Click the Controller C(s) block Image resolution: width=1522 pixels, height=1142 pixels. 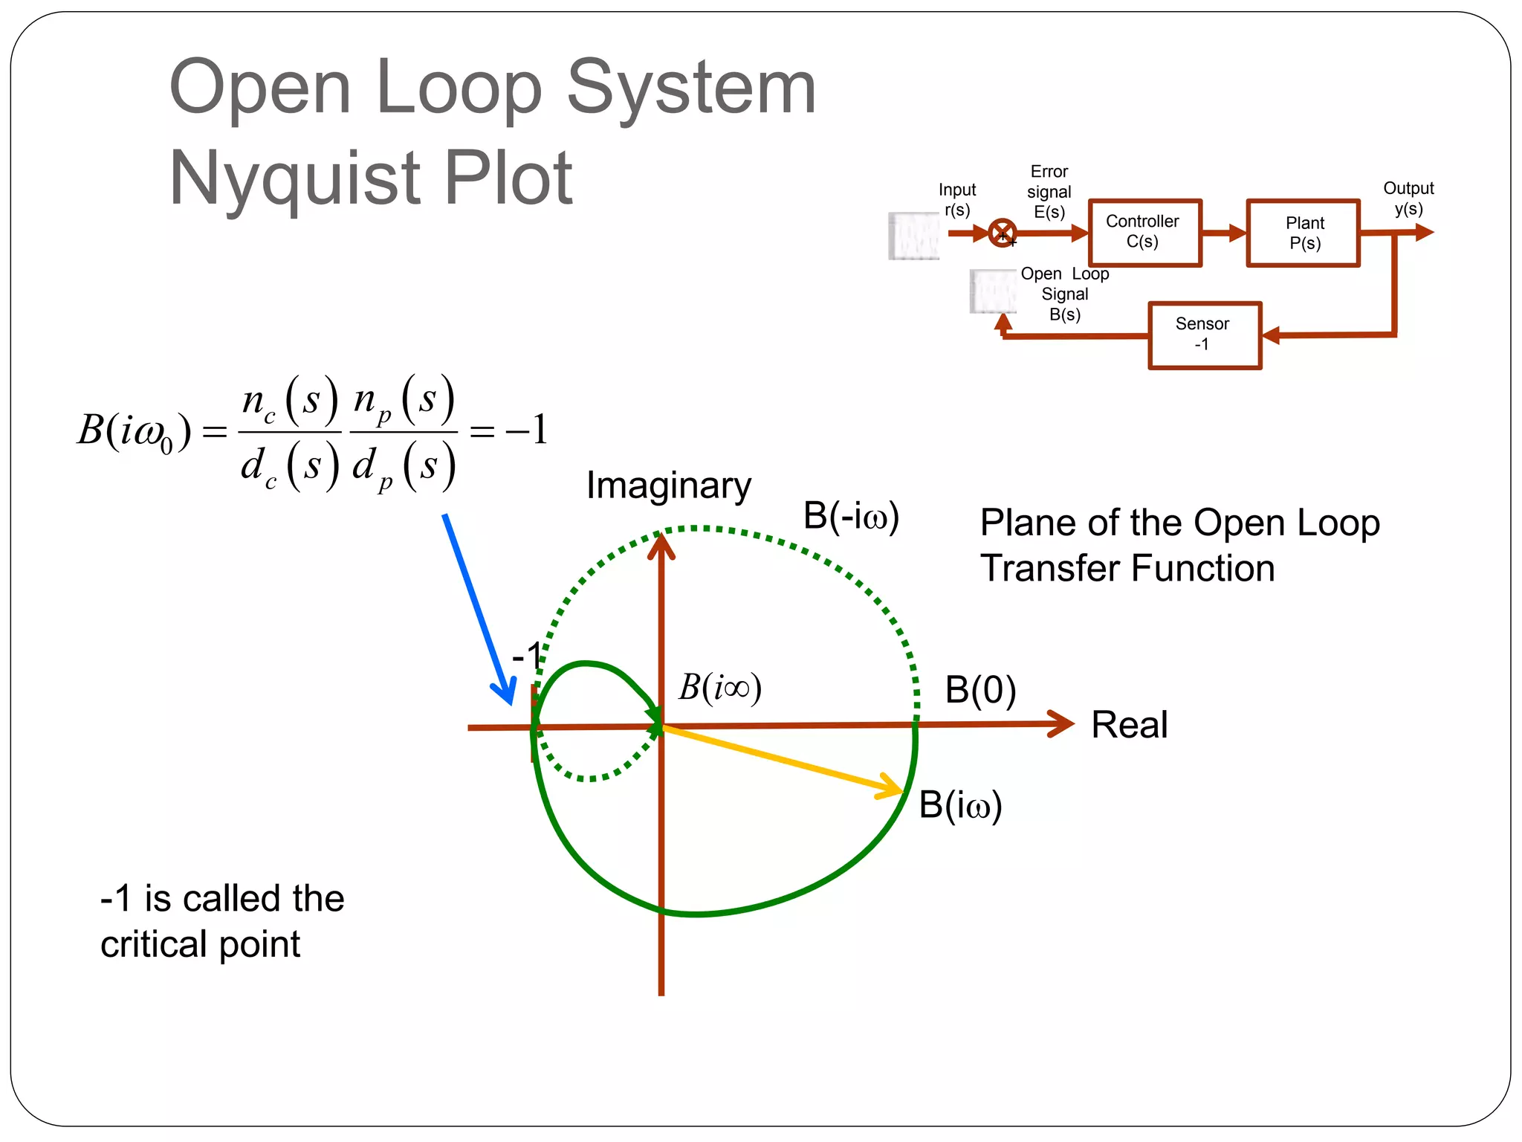pyautogui.click(x=1144, y=232)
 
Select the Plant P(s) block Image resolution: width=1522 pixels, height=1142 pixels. pyautogui.click(x=1304, y=233)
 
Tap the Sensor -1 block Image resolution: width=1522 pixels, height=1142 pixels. pyautogui.click(x=1204, y=335)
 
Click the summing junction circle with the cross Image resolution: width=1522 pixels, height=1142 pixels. pyautogui.click(x=1003, y=233)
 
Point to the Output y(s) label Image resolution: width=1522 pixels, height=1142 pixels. pyautogui.click(x=1408, y=199)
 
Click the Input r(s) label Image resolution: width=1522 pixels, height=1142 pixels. pyautogui.click(x=957, y=200)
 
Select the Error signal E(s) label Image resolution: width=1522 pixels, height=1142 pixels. pyautogui.click(x=1049, y=192)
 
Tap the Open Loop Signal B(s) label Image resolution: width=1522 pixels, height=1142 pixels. pyautogui.click(x=1064, y=294)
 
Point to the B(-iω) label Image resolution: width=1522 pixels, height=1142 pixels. pyautogui.click(x=851, y=516)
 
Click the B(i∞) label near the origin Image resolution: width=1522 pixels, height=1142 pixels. pyautogui.click(x=719, y=688)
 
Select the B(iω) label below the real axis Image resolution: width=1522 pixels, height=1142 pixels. pyautogui.click(x=960, y=805)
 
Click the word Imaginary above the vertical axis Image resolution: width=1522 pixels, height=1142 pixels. pyautogui.click(x=668, y=485)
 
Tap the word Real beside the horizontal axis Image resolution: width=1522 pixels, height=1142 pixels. pyautogui.click(x=1129, y=725)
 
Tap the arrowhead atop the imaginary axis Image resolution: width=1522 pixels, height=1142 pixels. pyautogui.click(x=661, y=544)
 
